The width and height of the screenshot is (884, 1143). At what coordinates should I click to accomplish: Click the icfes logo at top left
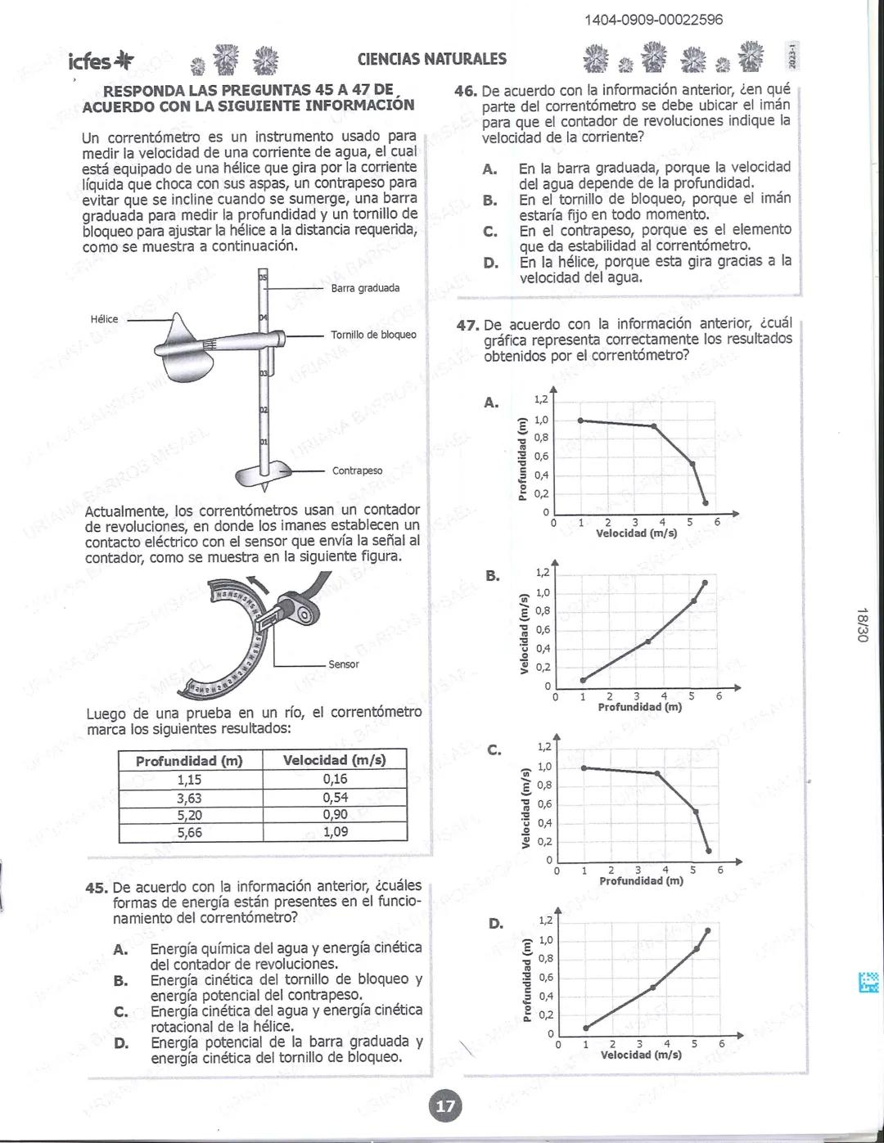click(x=101, y=61)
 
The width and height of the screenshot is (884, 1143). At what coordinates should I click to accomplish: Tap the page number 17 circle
click(x=445, y=1106)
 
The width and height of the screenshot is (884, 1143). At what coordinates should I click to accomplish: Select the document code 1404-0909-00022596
click(x=653, y=20)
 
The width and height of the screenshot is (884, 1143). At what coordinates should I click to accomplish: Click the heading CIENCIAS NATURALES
click(x=431, y=59)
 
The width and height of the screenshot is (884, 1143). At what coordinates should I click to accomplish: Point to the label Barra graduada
click(x=365, y=288)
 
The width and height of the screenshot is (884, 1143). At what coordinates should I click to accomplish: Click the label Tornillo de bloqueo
click(x=373, y=335)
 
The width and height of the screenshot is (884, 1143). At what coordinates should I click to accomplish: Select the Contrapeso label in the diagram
click(x=357, y=470)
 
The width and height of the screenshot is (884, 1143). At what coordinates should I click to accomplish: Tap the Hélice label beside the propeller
click(x=104, y=319)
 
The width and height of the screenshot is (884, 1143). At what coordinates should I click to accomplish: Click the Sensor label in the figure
click(x=343, y=664)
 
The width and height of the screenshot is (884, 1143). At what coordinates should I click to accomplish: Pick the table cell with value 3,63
click(x=189, y=798)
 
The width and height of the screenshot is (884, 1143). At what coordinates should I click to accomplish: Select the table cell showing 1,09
click(x=335, y=832)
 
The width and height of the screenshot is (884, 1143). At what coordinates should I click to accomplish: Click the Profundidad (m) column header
click(x=189, y=761)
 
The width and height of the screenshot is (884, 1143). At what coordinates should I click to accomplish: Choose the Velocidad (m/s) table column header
click(x=335, y=760)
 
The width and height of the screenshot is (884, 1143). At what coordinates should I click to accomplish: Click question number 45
click(x=97, y=887)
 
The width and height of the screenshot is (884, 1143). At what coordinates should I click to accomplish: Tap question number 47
click(x=467, y=325)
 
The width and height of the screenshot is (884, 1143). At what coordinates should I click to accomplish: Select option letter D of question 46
click(x=490, y=262)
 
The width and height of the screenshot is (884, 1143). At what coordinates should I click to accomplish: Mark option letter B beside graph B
click(x=492, y=575)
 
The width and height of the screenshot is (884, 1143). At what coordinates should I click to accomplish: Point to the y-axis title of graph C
click(x=525, y=808)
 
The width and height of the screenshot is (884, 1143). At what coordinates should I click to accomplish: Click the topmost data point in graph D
click(x=707, y=930)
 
